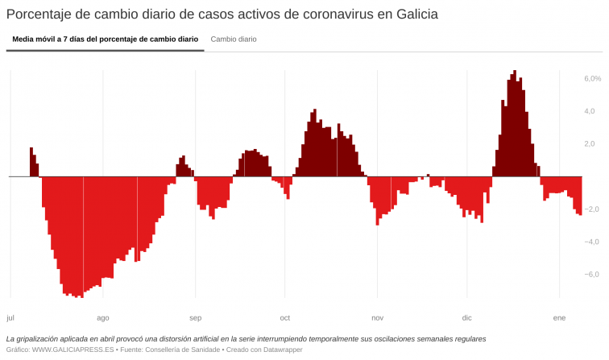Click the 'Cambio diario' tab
click(x=234, y=39)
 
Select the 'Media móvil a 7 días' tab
click(x=105, y=39)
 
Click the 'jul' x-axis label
click(x=10, y=318)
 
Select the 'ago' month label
click(x=103, y=318)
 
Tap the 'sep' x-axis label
click(x=196, y=318)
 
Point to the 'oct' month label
click(x=285, y=318)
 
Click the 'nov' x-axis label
click(x=378, y=318)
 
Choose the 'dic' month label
click(x=467, y=318)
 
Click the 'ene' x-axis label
click(x=559, y=318)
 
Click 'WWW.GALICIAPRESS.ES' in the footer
click(x=72, y=350)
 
